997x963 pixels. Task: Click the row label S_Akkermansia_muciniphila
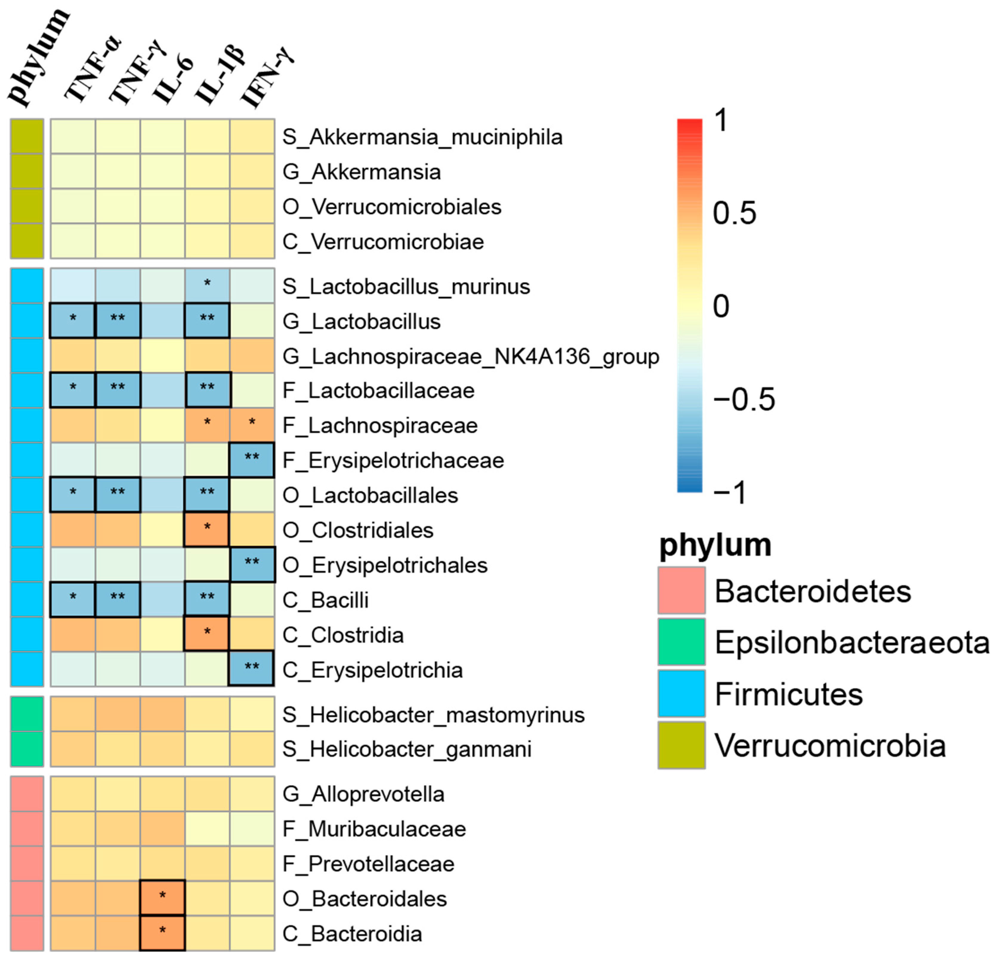coord(422,137)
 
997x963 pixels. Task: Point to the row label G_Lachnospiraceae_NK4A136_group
coord(470,356)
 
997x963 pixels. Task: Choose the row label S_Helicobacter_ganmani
coord(407,749)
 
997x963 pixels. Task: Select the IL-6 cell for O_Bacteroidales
coord(162,898)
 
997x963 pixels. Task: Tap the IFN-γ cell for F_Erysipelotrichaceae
coord(252,460)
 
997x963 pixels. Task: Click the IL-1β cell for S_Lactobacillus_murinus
coord(207,286)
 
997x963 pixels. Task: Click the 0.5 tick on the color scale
coord(734,213)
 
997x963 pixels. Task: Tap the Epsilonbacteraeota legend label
coord(852,642)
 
